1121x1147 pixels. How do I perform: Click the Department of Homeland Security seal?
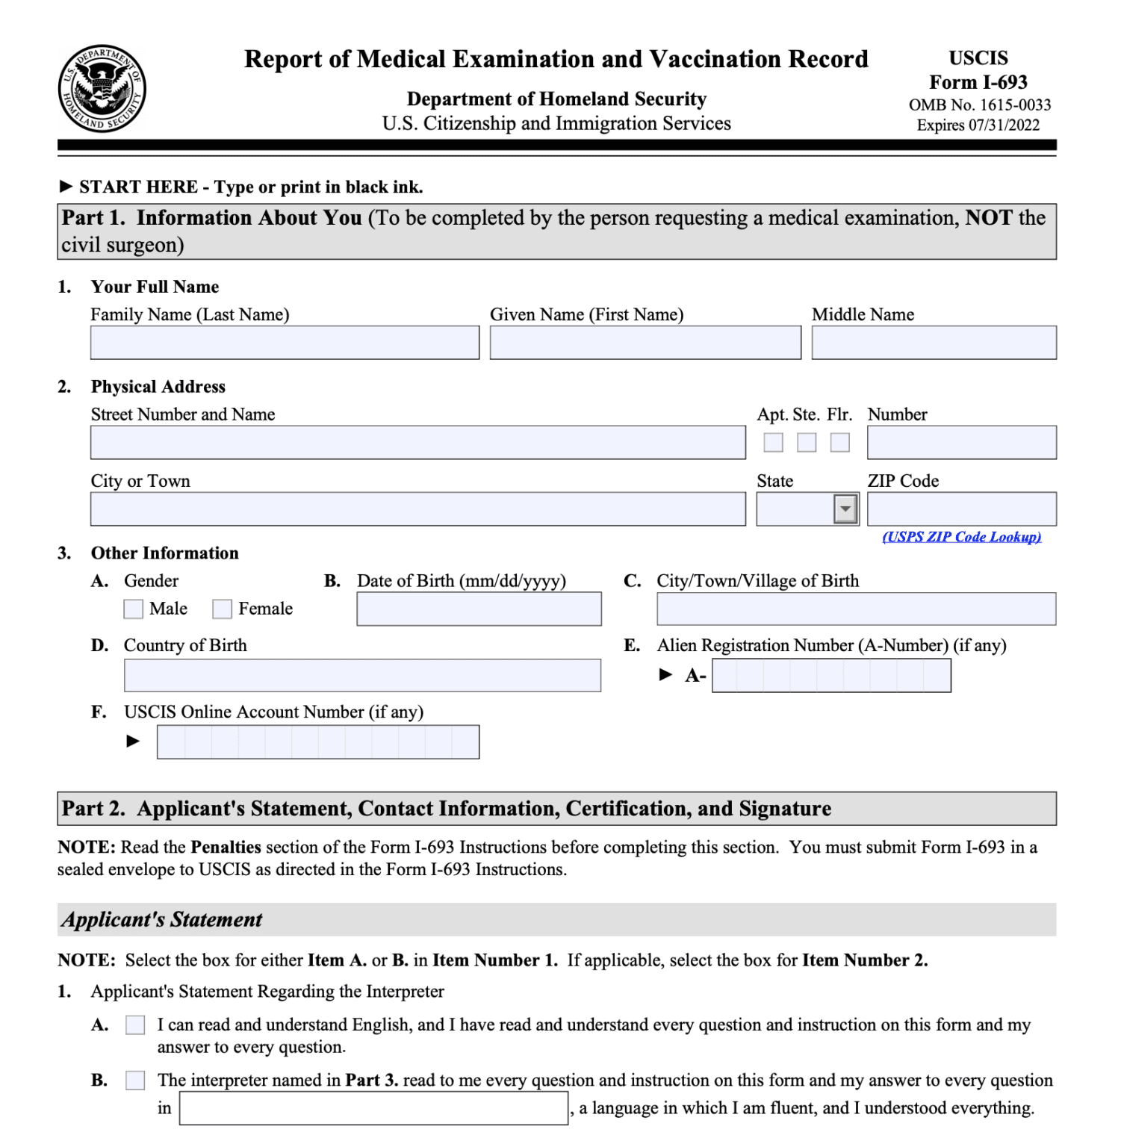102,89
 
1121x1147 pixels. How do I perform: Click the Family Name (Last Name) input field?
285,343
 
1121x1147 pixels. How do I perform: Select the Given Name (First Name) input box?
645,343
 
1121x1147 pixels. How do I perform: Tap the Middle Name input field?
934,343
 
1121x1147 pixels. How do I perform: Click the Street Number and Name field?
417,443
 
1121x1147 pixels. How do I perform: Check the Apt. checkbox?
773,443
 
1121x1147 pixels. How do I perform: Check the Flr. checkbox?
840,443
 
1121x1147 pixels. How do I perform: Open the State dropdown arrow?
845,509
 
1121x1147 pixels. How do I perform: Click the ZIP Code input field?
961,509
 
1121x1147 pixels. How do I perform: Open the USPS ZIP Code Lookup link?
961,537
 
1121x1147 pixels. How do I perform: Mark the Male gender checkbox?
134,609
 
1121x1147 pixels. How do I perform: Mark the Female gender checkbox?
222,609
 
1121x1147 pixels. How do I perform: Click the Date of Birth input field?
479,609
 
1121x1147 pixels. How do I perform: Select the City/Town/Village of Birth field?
856,609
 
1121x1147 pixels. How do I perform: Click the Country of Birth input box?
362,676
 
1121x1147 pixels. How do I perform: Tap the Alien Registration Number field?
831,676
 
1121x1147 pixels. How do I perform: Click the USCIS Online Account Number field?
318,742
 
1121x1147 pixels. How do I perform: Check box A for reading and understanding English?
135,1025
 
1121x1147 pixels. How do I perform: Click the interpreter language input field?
373,1108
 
